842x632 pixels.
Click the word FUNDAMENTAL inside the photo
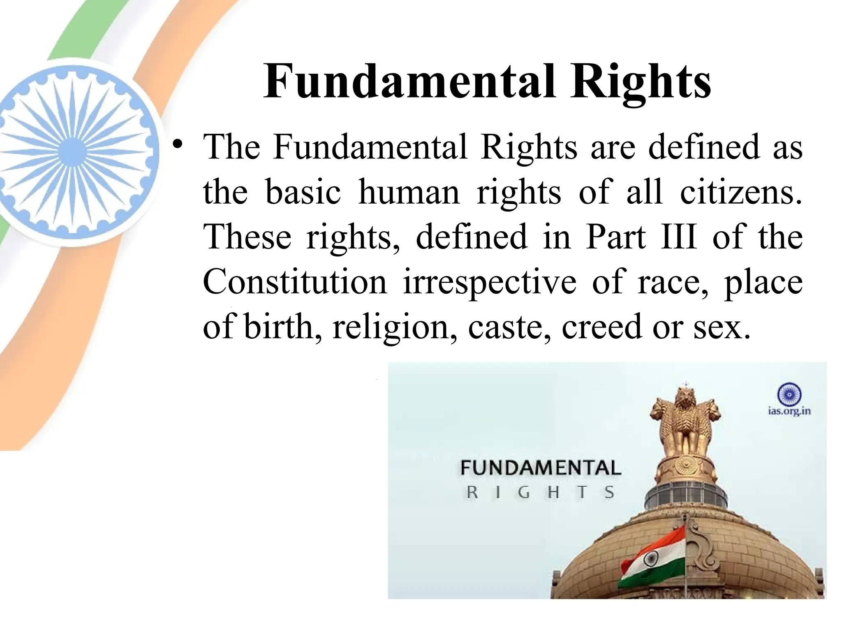[x=540, y=468]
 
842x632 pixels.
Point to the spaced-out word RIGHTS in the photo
[x=540, y=493]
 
